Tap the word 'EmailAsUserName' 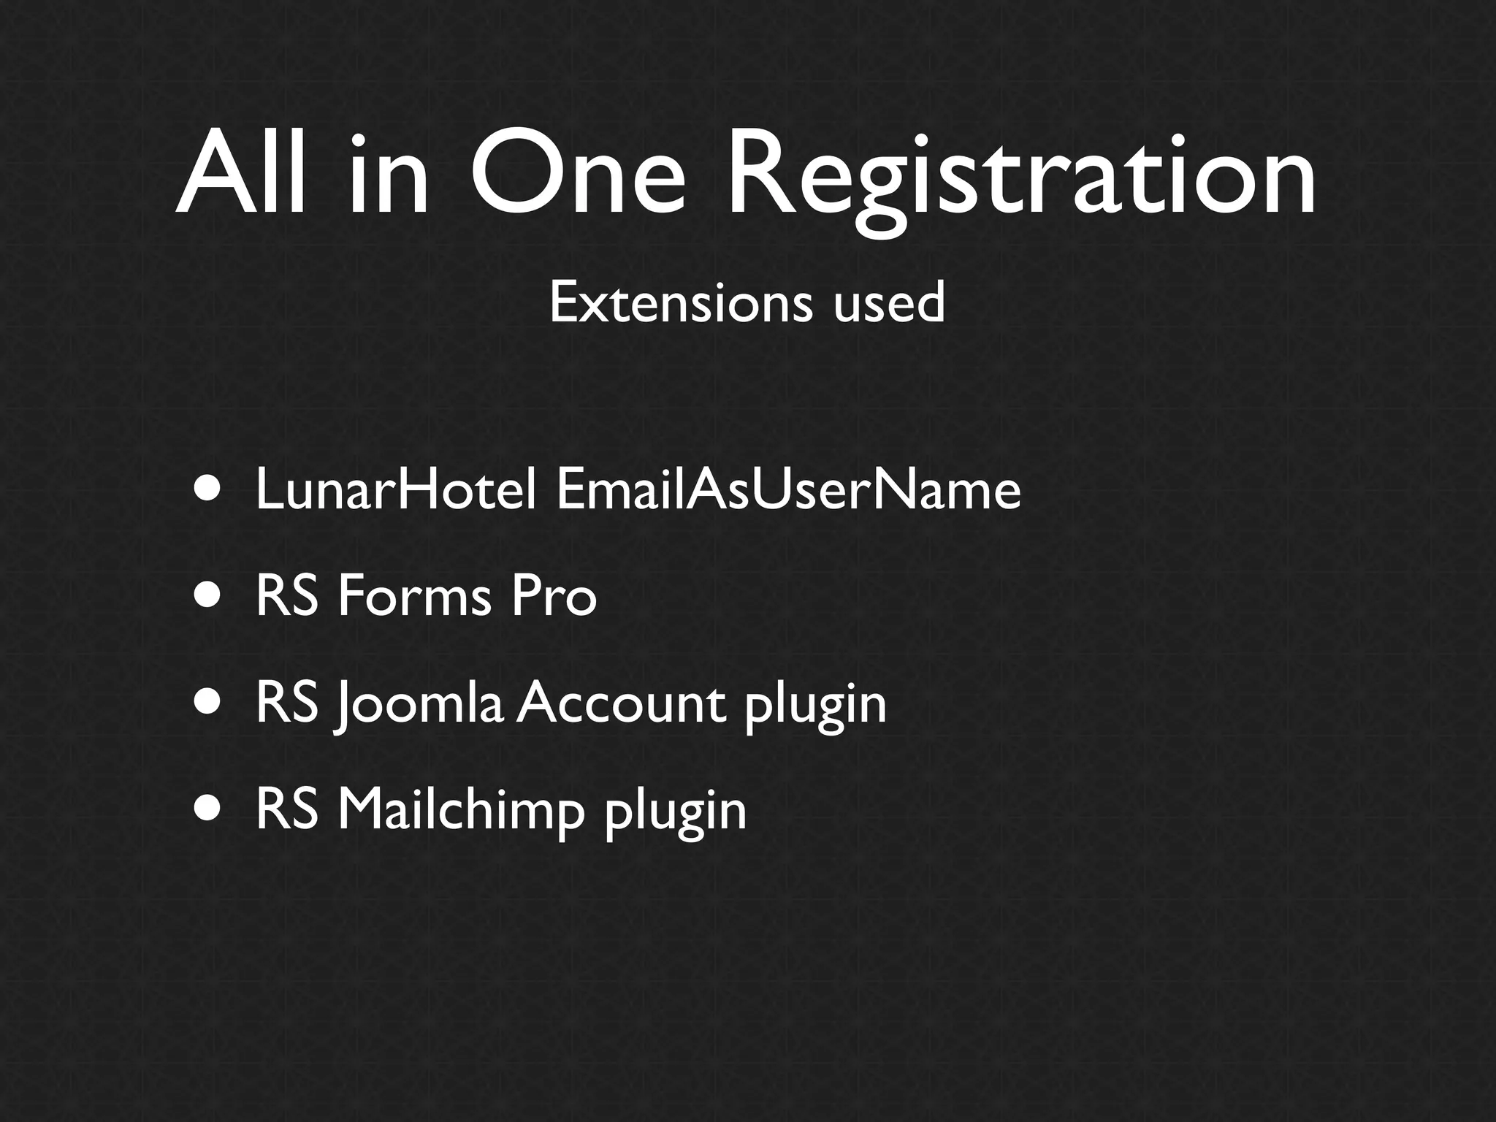coord(787,489)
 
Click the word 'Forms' coord(414,596)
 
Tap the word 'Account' coord(622,703)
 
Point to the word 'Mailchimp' coord(461,811)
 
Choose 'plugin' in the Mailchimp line coord(675,812)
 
